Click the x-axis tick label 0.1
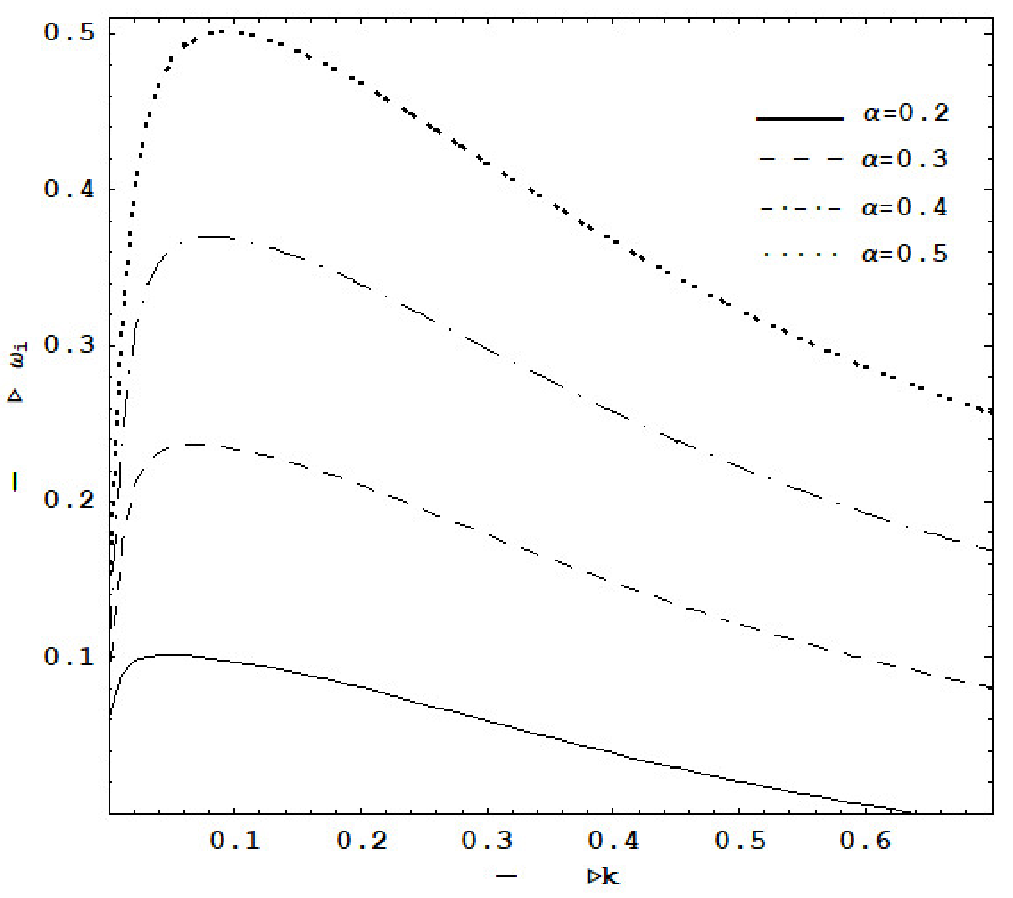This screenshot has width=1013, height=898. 235,839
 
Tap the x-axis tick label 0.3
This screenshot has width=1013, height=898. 487,839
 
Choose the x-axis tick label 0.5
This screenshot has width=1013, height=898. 740,839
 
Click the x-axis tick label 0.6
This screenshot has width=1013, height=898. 865,839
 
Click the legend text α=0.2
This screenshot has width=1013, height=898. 906,113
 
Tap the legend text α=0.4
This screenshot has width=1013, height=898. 905,207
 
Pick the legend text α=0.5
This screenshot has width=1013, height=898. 905,254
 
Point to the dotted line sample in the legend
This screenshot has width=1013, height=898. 799,255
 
